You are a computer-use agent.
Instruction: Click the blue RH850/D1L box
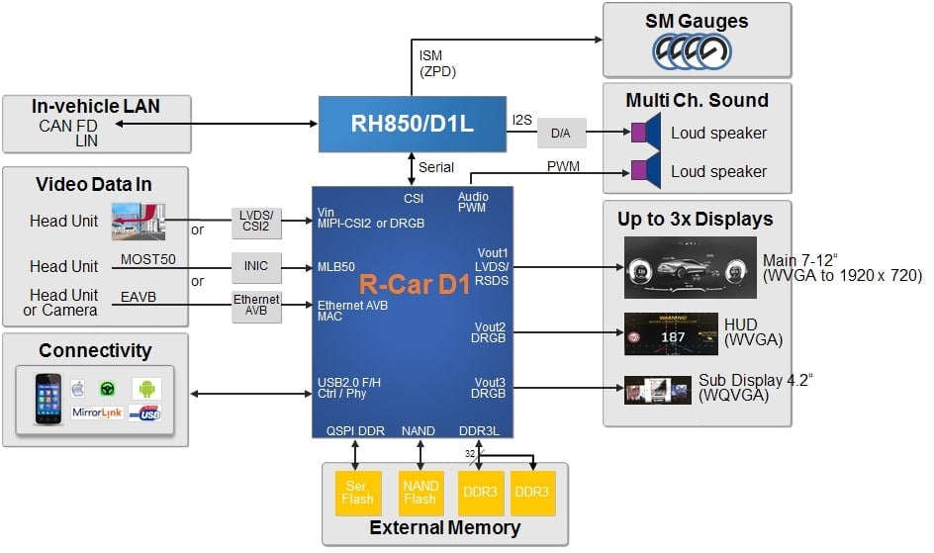(412, 124)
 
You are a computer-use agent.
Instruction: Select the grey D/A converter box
(560, 133)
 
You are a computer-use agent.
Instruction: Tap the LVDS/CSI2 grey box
(256, 223)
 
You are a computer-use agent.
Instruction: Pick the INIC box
(256, 266)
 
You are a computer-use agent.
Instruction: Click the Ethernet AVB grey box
(256, 308)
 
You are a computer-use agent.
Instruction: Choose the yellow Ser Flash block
(357, 492)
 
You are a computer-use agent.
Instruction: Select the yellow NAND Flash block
(420, 492)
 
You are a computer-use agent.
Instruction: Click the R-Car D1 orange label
(415, 285)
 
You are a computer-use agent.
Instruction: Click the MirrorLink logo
(98, 412)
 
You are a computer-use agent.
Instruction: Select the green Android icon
(146, 387)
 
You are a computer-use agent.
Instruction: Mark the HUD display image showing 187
(670, 334)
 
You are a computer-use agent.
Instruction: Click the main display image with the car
(689, 267)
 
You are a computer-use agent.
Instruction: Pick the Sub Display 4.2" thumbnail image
(657, 389)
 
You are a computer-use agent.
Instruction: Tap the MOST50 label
(147, 259)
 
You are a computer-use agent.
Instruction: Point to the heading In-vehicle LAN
(96, 107)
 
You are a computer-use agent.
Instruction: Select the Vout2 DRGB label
(490, 333)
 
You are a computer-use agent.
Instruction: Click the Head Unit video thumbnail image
(138, 221)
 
